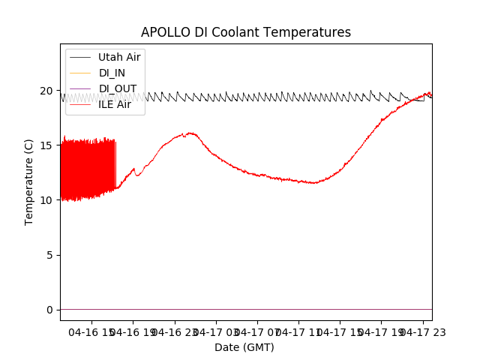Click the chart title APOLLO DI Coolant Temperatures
[x=246, y=32]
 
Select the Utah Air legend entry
[x=119, y=57]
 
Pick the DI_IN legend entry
[x=112, y=73]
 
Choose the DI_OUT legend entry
[x=118, y=88]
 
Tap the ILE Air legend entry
[x=115, y=104]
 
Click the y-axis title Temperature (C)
[x=28, y=181]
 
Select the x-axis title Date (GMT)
[x=244, y=347]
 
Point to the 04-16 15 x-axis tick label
[x=91, y=332]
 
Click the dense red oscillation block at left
[x=86, y=169]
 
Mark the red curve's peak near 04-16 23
[x=190, y=133]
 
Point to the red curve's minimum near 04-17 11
[x=313, y=182]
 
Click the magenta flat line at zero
[x=246, y=309]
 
